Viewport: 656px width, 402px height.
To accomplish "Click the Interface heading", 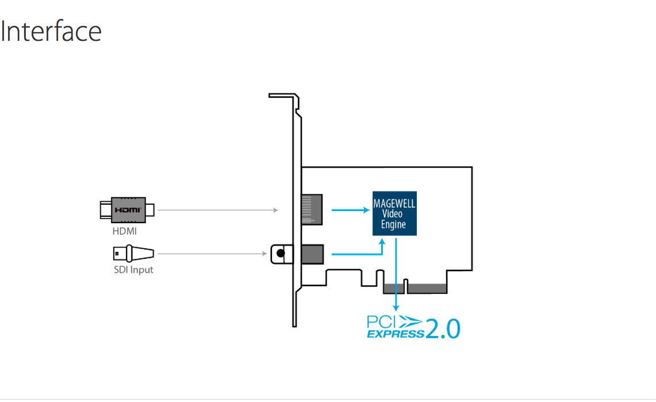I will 51,31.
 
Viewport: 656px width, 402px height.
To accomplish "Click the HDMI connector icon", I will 127,209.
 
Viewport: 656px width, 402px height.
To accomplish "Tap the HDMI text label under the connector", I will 125,231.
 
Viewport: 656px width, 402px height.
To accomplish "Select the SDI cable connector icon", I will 133,253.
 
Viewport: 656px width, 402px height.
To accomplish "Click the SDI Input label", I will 133,269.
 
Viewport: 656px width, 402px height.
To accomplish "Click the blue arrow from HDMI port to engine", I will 351,210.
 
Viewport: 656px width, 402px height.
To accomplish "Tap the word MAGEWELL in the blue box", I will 394,204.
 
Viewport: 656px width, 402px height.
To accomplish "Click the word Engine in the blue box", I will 394,225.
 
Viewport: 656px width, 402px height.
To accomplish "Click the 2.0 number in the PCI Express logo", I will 443,328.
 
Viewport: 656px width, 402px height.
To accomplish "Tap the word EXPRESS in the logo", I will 395,334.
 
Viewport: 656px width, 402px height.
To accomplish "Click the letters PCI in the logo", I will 381,320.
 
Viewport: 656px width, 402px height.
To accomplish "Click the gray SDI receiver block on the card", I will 312,253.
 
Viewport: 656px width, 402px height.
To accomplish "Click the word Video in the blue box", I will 394,214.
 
